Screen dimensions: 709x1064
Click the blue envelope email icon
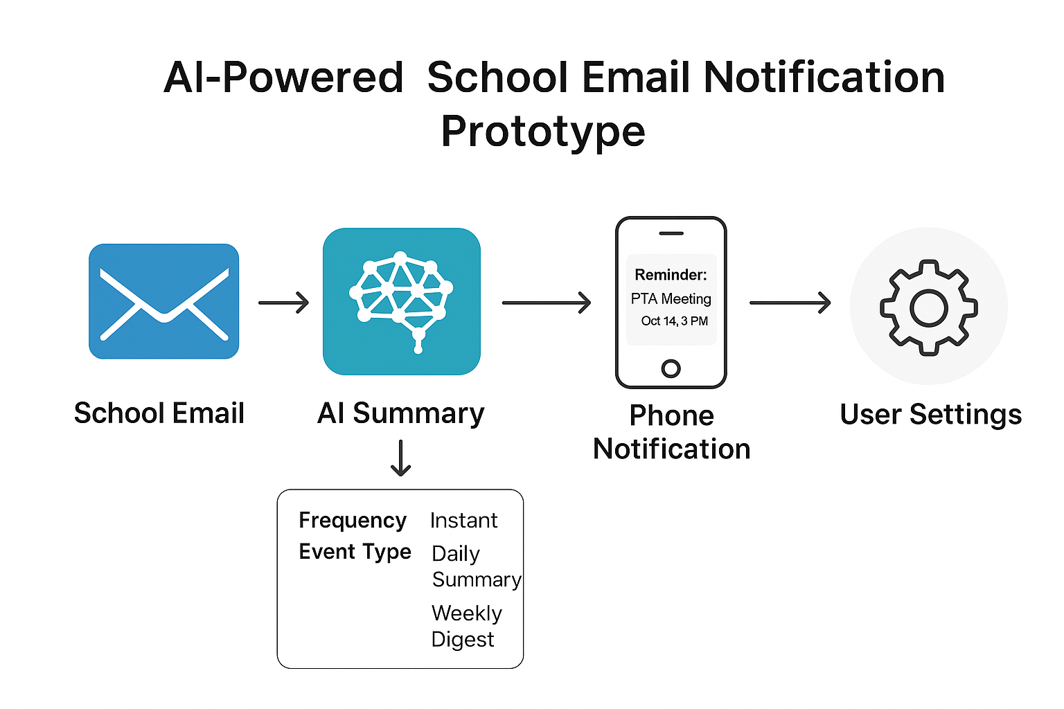coord(164,301)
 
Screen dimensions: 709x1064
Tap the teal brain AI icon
coord(402,302)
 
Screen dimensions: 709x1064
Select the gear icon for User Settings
coord(928,307)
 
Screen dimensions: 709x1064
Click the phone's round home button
coord(671,368)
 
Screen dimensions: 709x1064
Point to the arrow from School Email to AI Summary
coord(283,303)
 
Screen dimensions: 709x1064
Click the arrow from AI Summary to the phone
coord(546,303)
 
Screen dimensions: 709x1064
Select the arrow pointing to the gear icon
coord(790,303)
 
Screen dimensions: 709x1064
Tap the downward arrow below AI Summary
coord(401,458)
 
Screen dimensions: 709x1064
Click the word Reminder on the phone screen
coord(671,275)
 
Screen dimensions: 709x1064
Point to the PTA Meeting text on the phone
coord(671,298)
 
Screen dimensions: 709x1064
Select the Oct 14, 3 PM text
coord(674,321)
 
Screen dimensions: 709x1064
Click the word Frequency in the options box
coord(353,520)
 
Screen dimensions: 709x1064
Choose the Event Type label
coord(355,552)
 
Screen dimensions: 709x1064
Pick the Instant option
coord(463,521)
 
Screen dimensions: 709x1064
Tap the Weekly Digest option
coord(465,626)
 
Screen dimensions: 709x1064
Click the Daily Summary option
coord(475,566)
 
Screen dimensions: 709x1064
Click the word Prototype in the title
coord(543,132)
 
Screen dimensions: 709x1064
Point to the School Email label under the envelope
coord(159,413)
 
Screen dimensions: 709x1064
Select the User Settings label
coord(930,415)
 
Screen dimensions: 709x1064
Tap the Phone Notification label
coord(671,432)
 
